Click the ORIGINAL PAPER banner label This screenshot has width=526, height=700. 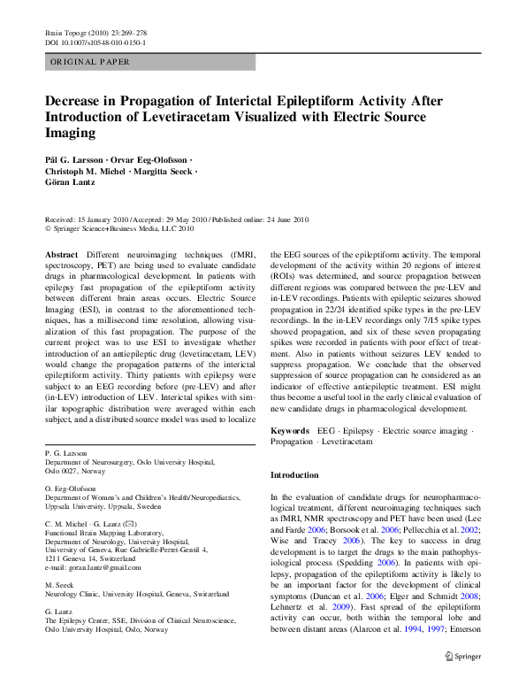click(90, 62)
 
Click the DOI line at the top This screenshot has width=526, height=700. click(95, 42)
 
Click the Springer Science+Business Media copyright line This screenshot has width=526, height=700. click(119, 228)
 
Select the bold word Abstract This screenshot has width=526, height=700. click(60, 253)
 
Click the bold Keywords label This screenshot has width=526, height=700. click(290, 429)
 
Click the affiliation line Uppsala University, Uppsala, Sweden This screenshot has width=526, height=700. click(103, 508)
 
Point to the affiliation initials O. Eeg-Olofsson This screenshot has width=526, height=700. click(72, 488)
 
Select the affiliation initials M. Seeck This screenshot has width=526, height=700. click(59, 583)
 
